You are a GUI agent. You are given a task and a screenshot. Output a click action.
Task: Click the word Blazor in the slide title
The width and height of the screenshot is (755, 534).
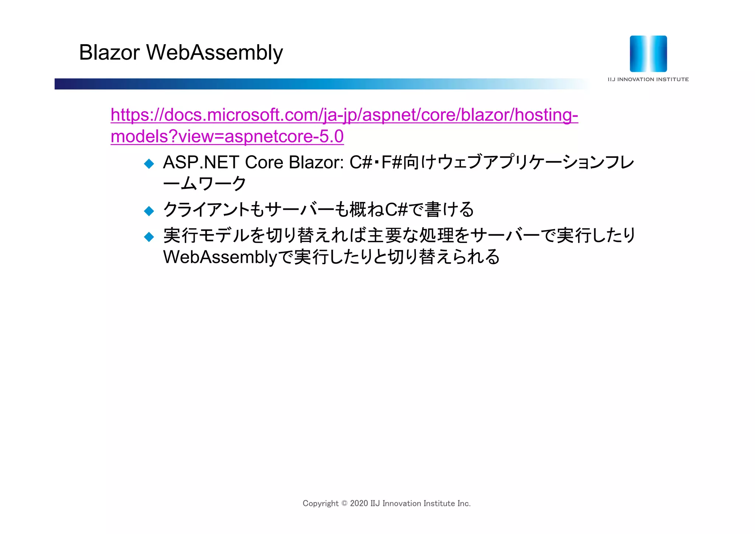point(109,52)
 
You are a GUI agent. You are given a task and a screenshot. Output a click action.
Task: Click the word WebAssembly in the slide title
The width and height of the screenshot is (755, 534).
point(215,52)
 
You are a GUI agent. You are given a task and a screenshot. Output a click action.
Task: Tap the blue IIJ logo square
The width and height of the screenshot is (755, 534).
point(648,54)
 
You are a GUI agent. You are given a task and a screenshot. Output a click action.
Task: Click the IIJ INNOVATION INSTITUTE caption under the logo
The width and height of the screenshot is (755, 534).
point(648,79)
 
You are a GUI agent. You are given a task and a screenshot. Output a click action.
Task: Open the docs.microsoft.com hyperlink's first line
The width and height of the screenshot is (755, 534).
point(344,115)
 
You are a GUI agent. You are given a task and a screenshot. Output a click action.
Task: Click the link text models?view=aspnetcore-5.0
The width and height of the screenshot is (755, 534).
point(227,136)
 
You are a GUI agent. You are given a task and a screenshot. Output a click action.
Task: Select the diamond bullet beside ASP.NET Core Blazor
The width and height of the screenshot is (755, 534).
point(149,163)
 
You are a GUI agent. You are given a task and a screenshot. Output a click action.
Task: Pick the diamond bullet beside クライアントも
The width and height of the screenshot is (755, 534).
point(149,211)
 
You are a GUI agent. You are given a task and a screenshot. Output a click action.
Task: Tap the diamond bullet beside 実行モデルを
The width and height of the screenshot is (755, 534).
point(149,236)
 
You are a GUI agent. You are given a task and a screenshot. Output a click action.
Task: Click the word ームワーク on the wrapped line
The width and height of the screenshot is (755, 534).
point(205,184)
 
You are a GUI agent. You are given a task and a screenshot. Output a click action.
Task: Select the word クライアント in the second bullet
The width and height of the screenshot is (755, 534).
point(206,210)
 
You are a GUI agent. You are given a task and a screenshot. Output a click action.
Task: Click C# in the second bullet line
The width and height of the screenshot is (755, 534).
point(397,210)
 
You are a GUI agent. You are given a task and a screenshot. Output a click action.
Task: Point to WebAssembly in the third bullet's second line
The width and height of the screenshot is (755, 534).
point(220,257)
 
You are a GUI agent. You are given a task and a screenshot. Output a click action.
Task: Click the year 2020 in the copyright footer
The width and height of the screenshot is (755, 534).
point(359,503)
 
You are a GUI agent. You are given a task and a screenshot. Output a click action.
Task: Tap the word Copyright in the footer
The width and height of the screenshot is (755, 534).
point(320,503)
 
